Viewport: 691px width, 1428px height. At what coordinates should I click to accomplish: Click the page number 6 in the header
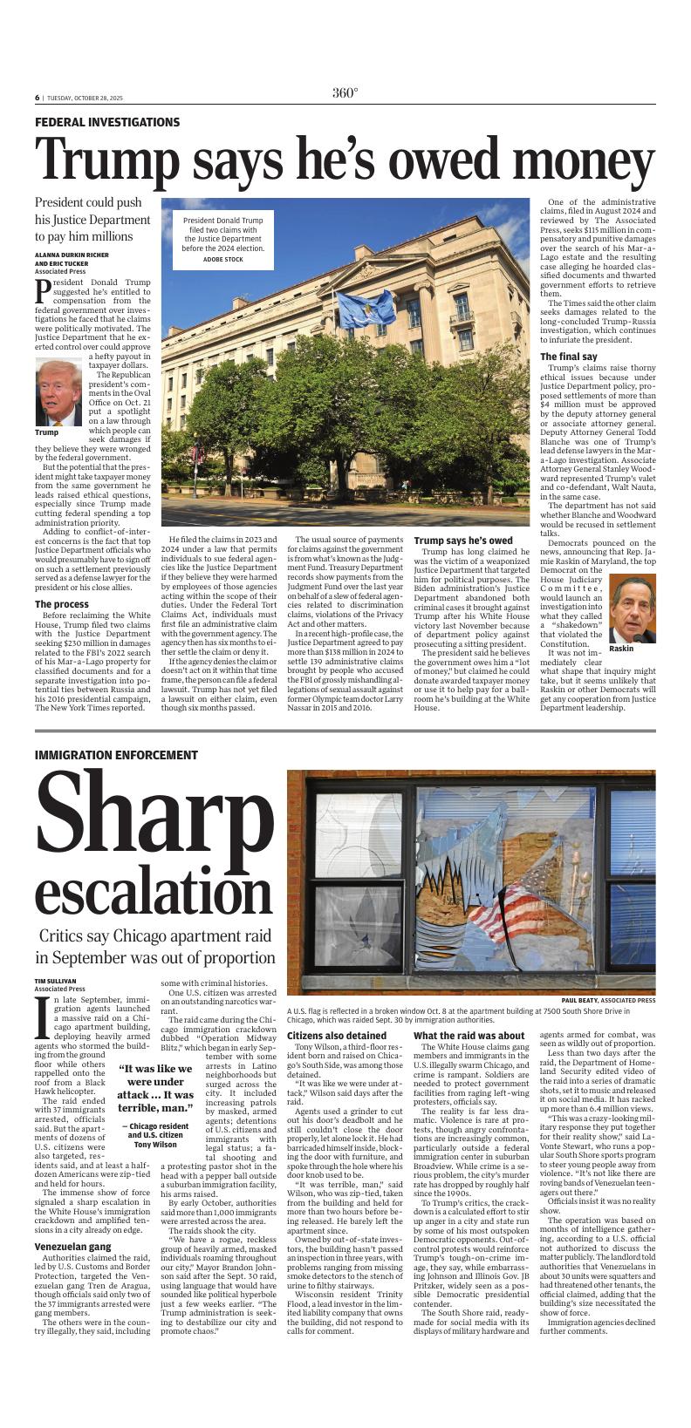(x=38, y=98)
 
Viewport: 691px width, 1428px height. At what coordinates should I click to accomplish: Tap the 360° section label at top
(x=345, y=94)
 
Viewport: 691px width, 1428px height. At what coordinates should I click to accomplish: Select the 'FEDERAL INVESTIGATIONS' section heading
(x=107, y=123)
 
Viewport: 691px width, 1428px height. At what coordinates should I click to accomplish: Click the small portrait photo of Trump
(x=59, y=392)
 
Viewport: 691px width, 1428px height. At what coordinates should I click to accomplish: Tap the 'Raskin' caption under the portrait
(x=621, y=649)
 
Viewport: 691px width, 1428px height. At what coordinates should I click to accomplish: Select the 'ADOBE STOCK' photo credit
(x=222, y=260)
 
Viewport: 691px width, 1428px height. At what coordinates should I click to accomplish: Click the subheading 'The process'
(x=61, y=604)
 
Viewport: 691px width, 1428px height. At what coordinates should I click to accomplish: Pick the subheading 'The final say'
(x=568, y=357)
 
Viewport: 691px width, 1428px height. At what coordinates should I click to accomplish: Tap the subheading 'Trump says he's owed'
(x=463, y=541)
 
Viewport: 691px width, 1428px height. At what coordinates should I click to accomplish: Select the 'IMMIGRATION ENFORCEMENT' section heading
(x=116, y=755)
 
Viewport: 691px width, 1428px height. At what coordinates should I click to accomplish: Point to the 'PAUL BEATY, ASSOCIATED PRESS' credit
(x=608, y=1000)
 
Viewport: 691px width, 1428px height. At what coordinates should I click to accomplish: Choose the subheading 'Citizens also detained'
(x=337, y=1036)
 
